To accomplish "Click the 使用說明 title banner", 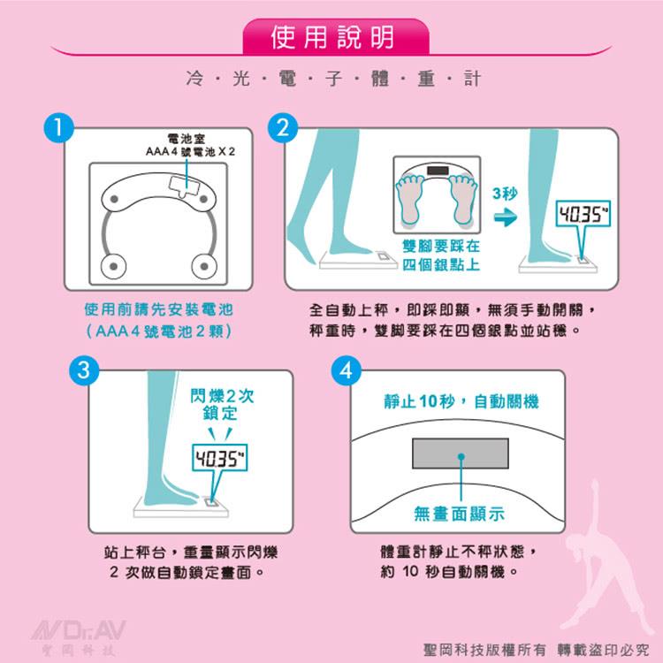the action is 336,37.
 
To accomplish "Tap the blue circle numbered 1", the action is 58,127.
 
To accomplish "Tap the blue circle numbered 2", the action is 283,127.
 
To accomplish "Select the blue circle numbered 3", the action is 84,370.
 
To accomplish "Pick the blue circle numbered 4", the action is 347,370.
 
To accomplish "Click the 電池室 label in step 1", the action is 187,138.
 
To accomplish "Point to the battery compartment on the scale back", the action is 185,187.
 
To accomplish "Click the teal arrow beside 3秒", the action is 506,217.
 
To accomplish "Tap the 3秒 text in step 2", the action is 505,194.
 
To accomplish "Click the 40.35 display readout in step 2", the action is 583,214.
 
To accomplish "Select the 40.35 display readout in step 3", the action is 219,458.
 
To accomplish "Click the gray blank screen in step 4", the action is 461,453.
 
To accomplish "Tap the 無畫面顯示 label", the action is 459,514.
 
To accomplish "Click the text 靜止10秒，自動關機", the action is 461,401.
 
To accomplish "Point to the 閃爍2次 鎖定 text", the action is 222,405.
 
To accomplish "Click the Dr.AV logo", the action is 79,637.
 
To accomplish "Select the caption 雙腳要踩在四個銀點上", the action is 440,255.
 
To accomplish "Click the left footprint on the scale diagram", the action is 409,200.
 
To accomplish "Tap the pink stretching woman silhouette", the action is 606,558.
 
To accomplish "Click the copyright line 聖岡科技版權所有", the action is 484,650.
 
